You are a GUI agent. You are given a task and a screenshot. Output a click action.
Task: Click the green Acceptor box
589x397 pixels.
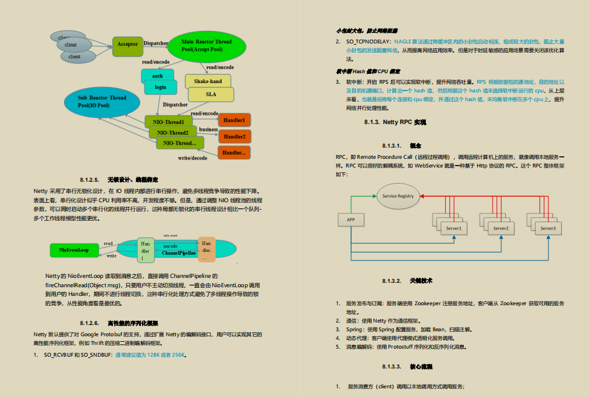click(127, 45)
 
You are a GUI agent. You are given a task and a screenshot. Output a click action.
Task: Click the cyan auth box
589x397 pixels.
click(158, 76)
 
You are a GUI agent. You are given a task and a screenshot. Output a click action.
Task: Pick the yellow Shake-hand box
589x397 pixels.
click(207, 81)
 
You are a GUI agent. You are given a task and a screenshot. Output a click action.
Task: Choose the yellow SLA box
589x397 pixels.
click(211, 94)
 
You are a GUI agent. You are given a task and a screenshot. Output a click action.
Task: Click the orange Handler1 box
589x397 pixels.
click(234, 120)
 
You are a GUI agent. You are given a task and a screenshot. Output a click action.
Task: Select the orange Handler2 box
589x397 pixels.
click(234, 136)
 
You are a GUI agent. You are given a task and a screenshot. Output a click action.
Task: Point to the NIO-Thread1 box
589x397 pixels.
click(168, 122)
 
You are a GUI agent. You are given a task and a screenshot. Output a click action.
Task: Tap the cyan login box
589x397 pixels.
click(161, 87)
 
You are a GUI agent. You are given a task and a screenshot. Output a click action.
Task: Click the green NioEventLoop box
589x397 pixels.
click(74, 250)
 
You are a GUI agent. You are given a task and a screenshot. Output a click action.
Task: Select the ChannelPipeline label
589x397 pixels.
click(179, 253)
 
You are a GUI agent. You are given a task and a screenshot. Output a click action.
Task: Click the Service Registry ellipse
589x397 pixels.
click(398, 196)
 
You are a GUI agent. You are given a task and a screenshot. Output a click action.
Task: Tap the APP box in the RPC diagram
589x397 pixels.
click(351, 219)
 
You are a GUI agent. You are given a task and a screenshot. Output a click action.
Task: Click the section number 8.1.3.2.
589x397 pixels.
click(393, 281)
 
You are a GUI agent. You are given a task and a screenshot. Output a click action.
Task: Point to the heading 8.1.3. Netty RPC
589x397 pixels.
click(395, 122)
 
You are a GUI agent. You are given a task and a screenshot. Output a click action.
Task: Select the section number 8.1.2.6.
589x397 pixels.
click(90, 323)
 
